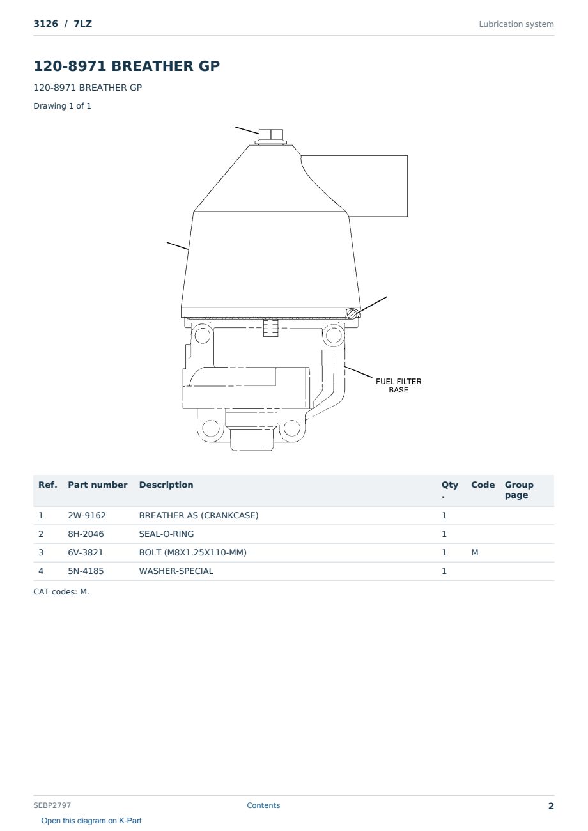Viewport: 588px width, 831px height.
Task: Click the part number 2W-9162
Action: (87, 515)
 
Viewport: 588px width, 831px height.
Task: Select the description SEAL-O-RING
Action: (166, 534)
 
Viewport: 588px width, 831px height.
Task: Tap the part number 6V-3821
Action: (86, 552)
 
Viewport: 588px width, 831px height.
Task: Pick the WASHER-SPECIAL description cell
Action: (176, 571)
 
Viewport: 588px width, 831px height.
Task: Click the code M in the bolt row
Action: (474, 552)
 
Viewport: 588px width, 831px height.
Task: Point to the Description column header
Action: (166, 485)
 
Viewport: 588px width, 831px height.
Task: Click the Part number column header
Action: (98, 485)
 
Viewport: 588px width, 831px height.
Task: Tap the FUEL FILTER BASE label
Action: (398, 385)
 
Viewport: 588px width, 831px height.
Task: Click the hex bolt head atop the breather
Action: (271, 134)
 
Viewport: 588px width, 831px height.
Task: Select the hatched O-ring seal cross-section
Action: (352, 313)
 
